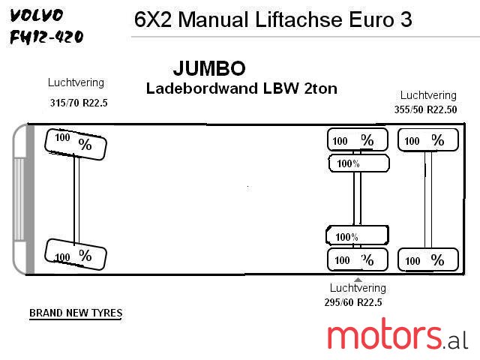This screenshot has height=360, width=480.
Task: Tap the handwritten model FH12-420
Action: pyautogui.click(x=46, y=37)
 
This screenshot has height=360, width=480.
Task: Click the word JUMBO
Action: pyautogui.click(x=209, y=69)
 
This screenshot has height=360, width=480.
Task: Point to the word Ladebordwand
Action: pyautogui.click(x=200, y=88)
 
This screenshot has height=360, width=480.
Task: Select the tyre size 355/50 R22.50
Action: pyautogui.click(x=425, y=109)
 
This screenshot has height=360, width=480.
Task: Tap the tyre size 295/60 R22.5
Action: pyautogui.click(x=353, y=302)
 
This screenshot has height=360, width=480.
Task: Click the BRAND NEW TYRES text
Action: pyautogui.click(x=76, y=313)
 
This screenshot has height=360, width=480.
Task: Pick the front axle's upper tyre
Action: pyautogui.click(x=75, y=142)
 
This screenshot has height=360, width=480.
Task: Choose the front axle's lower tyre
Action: pyautogui.click(x=75, y=256)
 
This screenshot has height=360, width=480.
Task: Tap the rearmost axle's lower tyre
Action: pyautogui.click(x=427, y=259)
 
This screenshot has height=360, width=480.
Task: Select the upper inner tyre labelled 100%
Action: pyautogui.click(x=358, y=163)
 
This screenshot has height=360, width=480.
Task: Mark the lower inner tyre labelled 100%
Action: pyautogui.click(x=358, y=236)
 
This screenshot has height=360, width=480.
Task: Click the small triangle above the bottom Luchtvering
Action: pyautogui.click(x=358, y=280)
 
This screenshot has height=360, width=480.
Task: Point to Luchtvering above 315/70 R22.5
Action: pyautogui.click(x=76, y=82)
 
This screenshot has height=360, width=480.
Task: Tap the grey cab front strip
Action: pyautogui.click(x=30, y=199)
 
